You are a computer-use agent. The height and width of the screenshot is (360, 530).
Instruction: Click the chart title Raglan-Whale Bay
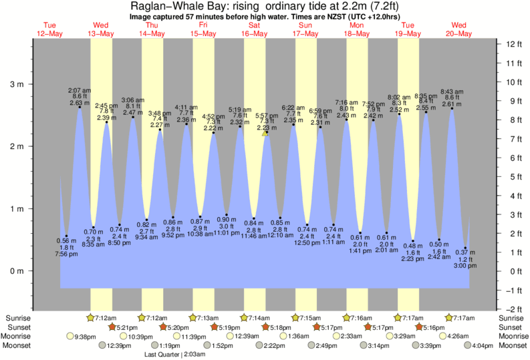(x=265, y=5)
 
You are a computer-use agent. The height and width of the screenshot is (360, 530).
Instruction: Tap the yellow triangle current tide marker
(x=265, y=133)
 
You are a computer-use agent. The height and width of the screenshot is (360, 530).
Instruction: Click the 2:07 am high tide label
(x=80, y=89)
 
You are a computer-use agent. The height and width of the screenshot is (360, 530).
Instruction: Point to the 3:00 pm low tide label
(x=465, y=266)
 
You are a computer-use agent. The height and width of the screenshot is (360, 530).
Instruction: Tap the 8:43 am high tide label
(x=452, y=92)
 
